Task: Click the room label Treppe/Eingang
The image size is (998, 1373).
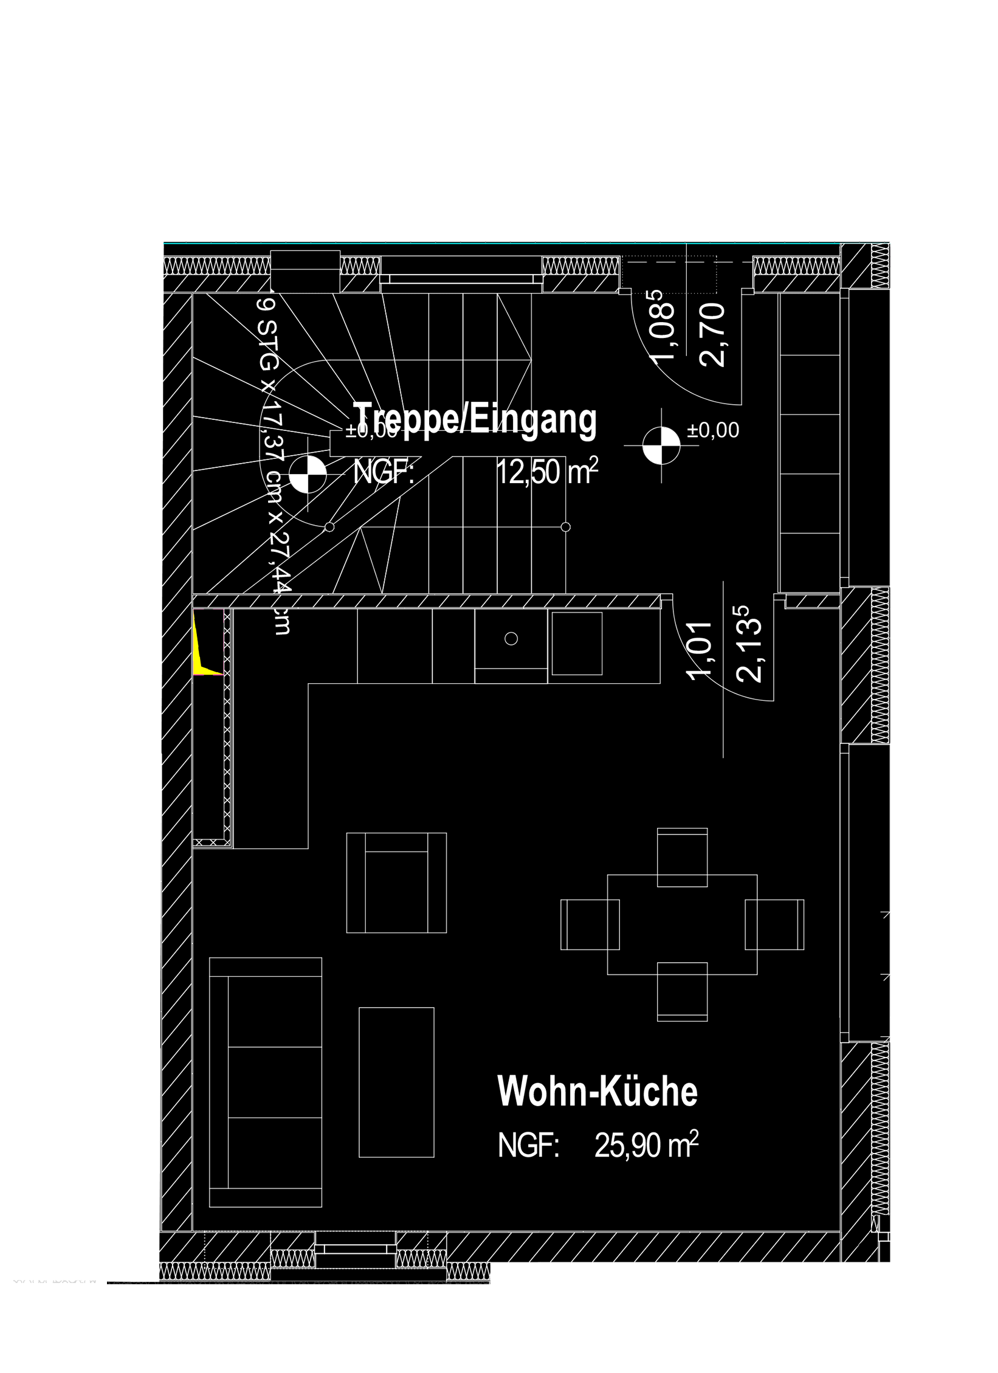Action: (475, 419)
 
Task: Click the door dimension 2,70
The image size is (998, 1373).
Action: (713, 334)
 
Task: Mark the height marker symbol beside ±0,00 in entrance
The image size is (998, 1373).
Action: (662, 446)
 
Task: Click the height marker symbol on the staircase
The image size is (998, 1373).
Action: (308, 475)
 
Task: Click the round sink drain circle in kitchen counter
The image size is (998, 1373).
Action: (511, 638)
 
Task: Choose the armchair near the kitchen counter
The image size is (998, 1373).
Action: (396, 883)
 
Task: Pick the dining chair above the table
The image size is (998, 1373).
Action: (683, 857)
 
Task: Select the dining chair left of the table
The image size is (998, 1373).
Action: (590, 924)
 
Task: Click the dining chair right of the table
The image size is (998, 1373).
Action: (775, 924)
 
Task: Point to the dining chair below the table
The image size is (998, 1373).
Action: (683, 991)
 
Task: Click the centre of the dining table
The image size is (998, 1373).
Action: (683, 924)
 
